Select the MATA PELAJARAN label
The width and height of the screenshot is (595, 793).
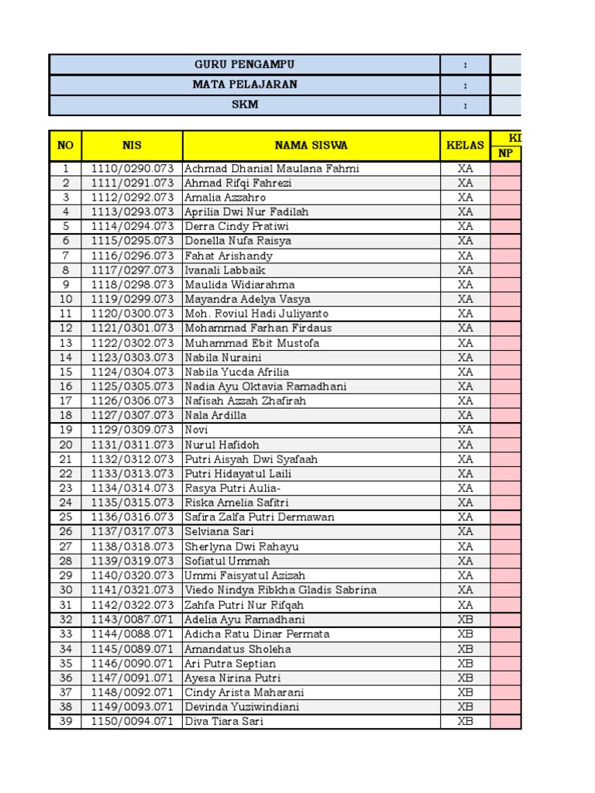tap(245, 84)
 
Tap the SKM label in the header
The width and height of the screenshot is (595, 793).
tap(245, 105)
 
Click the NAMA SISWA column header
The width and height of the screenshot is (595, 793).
tap(311, 145)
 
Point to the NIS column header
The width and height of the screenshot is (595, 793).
tap(132, 145)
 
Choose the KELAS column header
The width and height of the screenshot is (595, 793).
tap(465, 145)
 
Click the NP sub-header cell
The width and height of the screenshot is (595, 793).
tap(506, 153)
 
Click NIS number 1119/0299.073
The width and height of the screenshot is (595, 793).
tap(132, 299)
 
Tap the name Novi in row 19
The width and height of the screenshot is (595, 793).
tap(196, 430)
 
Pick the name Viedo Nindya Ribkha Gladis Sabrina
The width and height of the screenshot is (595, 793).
tap(280, 590)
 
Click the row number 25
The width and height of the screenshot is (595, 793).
tap(66, 517)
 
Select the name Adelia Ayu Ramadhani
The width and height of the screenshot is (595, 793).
tap(245, 620)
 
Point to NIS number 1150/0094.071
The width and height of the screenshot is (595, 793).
tap(132, 722)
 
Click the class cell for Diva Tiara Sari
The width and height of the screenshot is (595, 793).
tap(465, 722)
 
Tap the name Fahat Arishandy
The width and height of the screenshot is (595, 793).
tap(229, 256)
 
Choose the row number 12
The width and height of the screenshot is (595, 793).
tap(66, 328)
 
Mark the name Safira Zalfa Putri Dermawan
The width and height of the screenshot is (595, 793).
tap(260, 517)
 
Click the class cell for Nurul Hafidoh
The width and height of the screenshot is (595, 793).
tap(465, 445)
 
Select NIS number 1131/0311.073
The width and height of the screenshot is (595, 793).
tap(132, 445)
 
